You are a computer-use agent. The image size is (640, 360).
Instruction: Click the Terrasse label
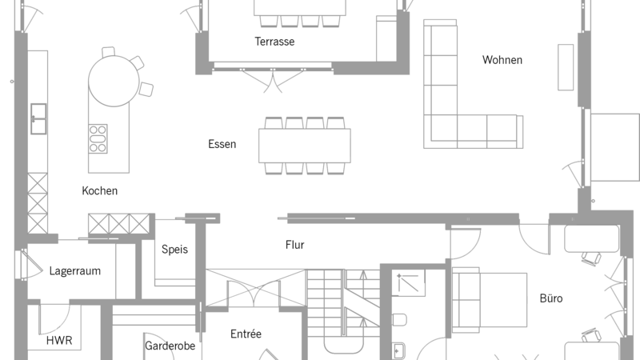coord(274,42)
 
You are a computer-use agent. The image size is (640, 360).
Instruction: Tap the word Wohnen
coord(502,60)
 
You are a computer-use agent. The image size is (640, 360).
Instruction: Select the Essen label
coord(222,144)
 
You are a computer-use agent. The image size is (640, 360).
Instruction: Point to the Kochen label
coord(99,191)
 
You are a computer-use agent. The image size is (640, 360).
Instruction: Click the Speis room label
coord(174,250)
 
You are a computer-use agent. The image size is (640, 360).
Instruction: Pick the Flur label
coord(294,245)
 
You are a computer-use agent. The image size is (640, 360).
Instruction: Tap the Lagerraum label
coord(75,271)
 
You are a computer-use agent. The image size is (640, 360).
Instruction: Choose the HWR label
coord(59,341)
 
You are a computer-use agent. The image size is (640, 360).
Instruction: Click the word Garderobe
coord(170,346)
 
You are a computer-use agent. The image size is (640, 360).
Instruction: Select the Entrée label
coord(246,334)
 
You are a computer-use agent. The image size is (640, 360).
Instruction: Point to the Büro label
coord(551,298)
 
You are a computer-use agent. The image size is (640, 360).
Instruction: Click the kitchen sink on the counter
coord(38,118)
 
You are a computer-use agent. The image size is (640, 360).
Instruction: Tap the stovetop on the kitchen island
coord(98,138)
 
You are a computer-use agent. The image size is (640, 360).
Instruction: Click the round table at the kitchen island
coord(114,81)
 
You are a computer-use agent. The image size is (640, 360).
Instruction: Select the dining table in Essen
coord(305,146)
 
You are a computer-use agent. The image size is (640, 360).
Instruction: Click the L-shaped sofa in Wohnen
coord(440,130)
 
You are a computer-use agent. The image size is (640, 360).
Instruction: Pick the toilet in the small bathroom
coord(399,319)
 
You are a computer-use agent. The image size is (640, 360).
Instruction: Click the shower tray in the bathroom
coord(409,282)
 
